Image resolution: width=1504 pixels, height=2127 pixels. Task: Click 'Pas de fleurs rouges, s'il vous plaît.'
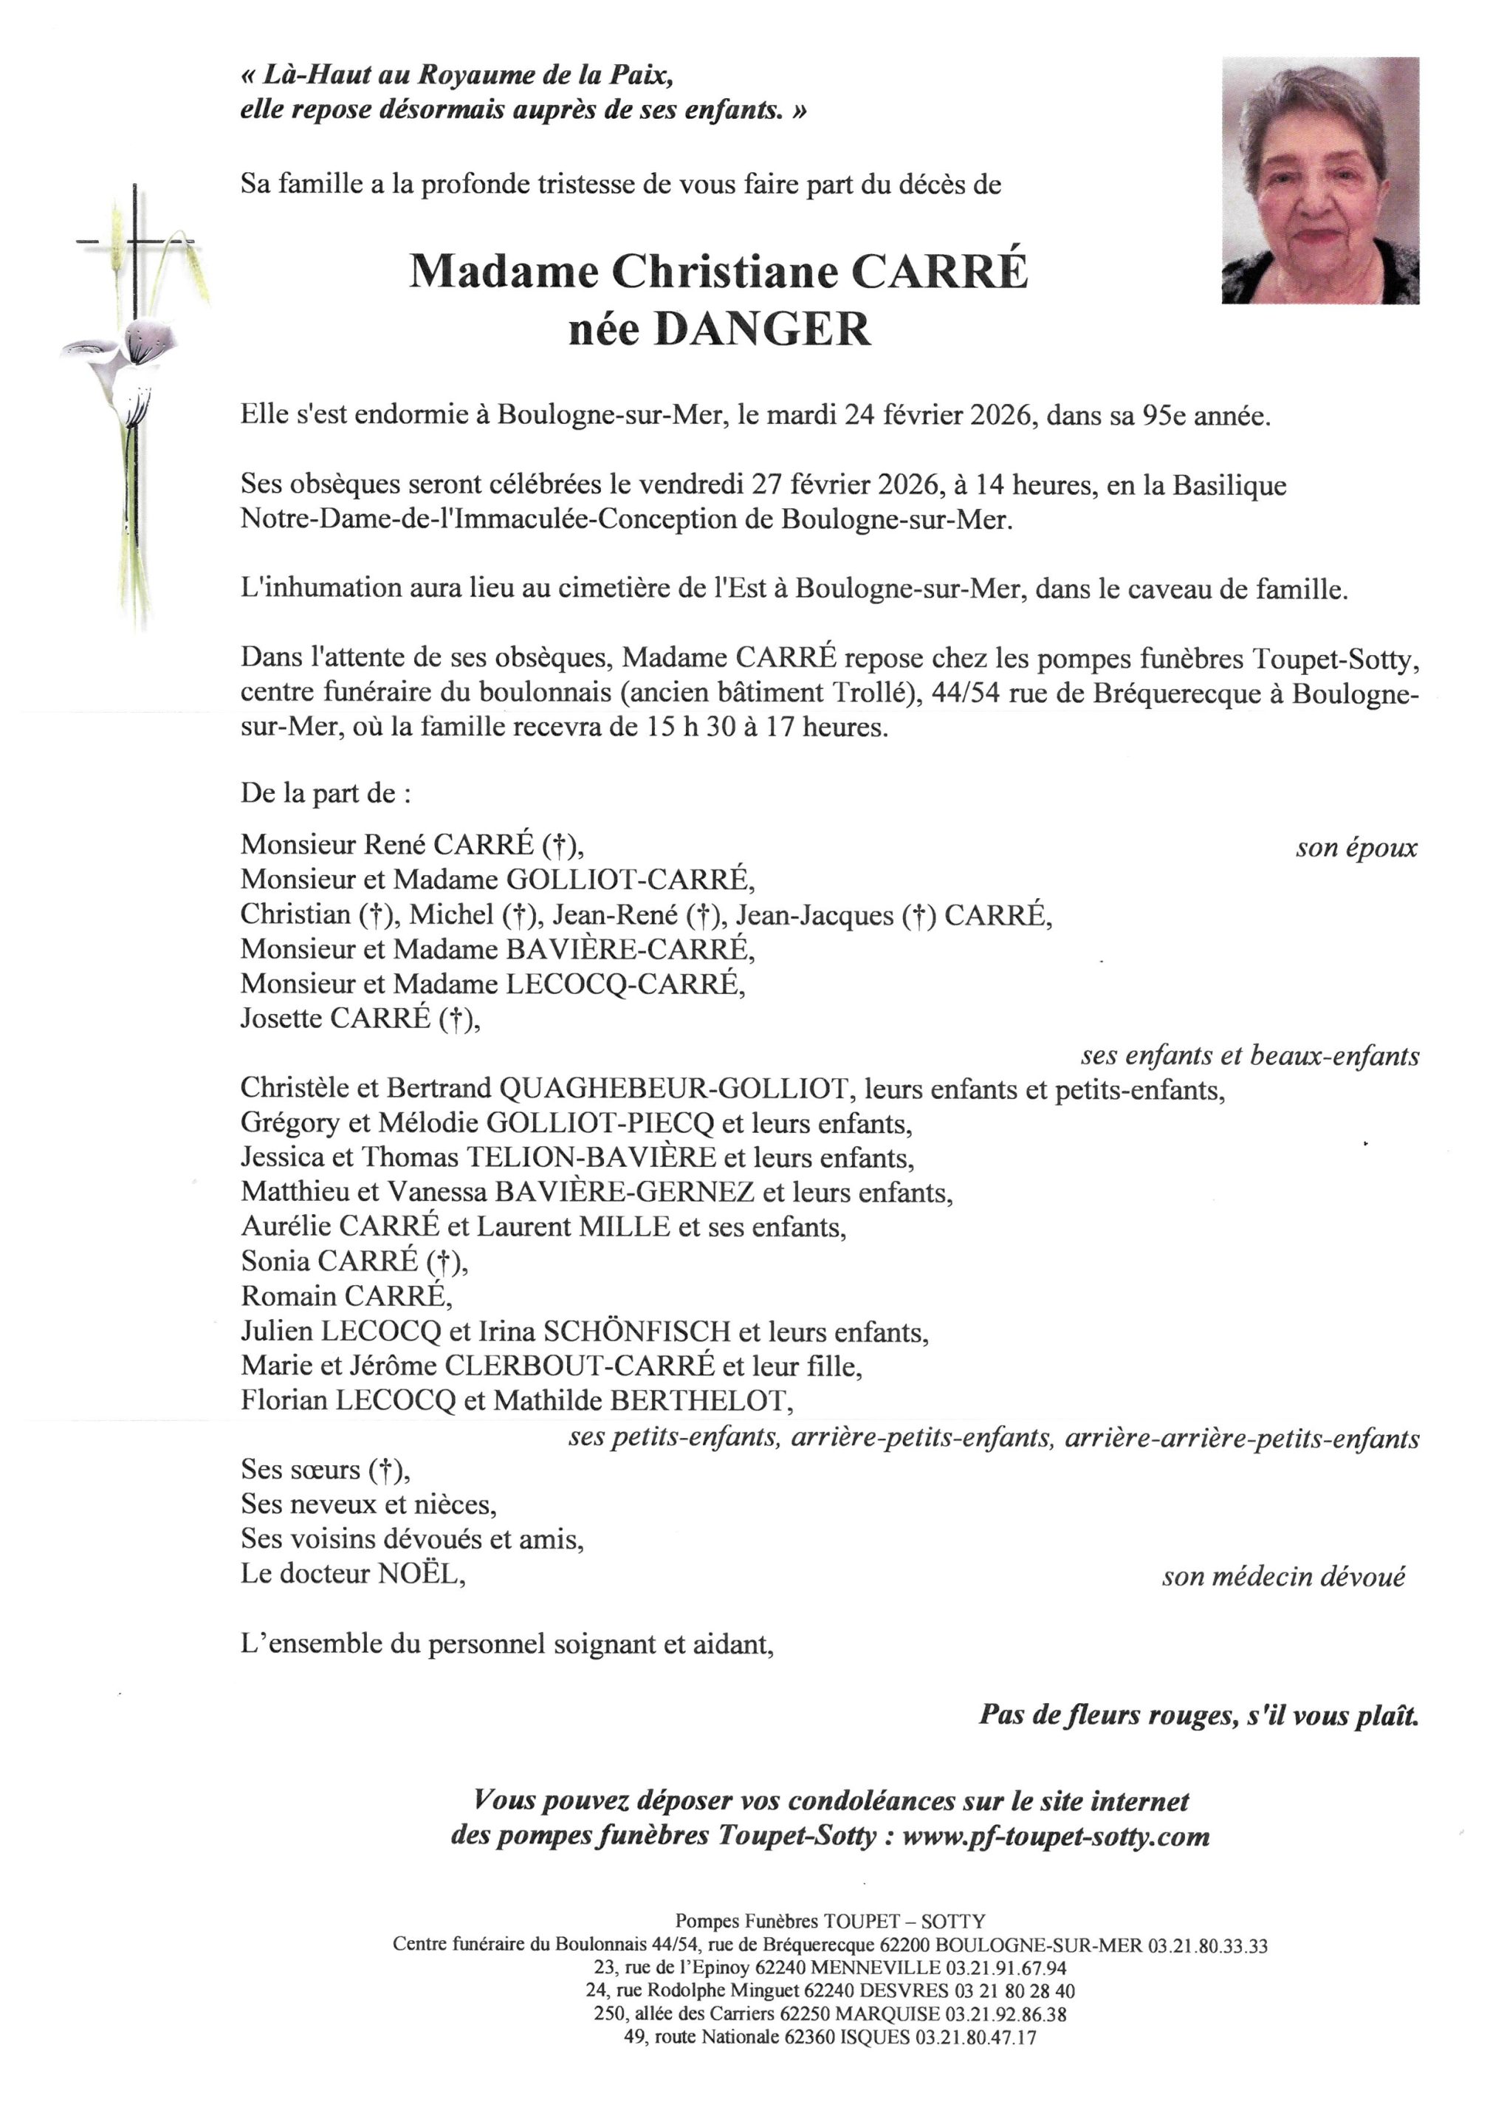[1198, 1716]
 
